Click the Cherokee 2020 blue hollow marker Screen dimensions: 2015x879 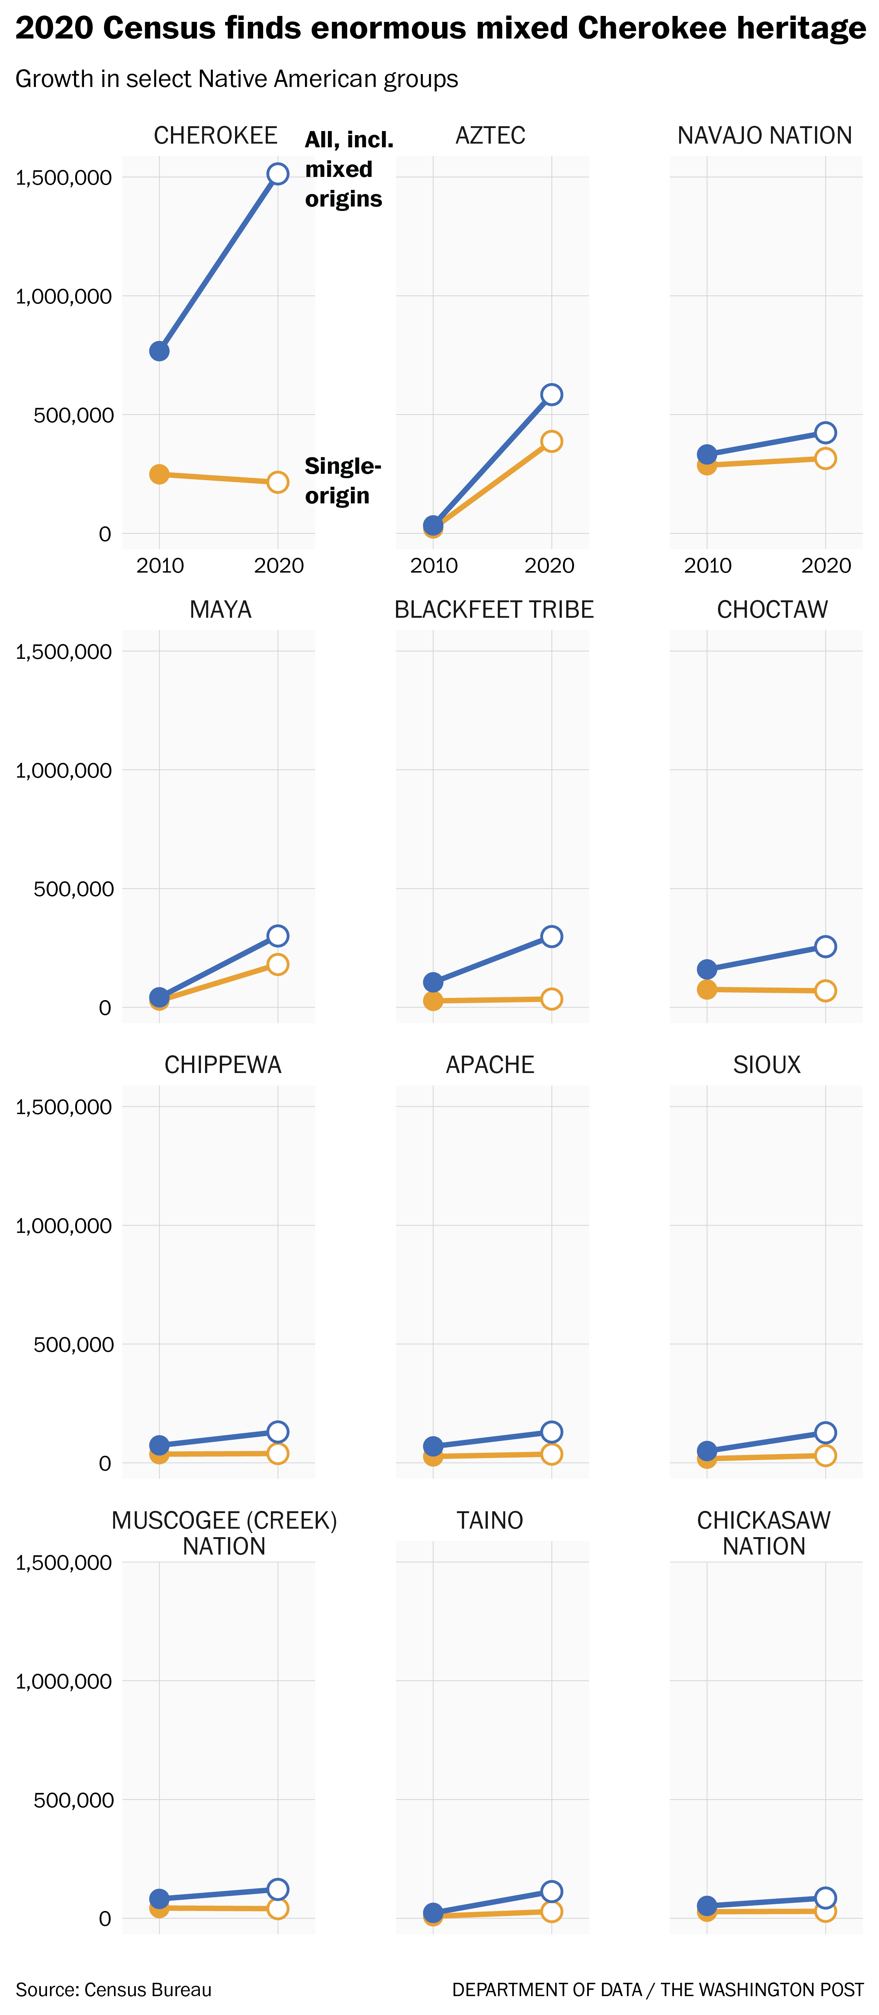tap(278, 174)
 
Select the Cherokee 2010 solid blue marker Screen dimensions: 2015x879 tap(160, 351)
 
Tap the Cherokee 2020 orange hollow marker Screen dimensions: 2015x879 tap(278, 482)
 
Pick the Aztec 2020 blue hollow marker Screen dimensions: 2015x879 tap(551, 394)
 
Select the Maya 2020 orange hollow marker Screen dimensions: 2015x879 tap(278, 965)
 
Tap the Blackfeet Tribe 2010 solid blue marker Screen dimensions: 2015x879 tap(433, 982)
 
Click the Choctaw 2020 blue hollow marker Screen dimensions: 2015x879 tap(825, 946)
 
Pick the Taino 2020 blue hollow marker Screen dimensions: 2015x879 tap(551, 1891)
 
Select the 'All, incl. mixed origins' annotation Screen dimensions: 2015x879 tap(348, 169)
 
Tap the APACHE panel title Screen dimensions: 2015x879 tap(490, 1065)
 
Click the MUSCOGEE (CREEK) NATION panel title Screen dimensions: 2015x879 tap(224, 1533)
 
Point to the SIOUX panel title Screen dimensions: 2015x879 tap(766, 1065)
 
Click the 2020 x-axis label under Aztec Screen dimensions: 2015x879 tap(550, 566)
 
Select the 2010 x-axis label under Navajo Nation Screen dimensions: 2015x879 tap(708, 566)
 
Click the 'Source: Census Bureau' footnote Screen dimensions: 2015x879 tap(113, 1989)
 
